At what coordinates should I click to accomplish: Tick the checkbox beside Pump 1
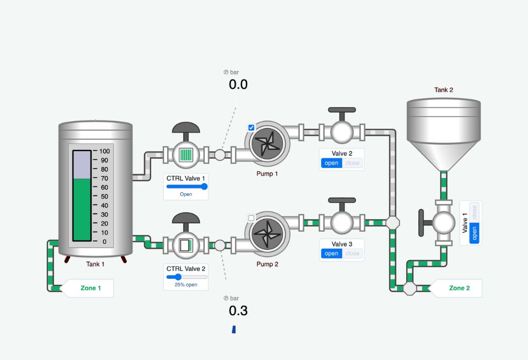tap(251, 127)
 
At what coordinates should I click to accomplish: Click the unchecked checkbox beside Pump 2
tap(251, 218)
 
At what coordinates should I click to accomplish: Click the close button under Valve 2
tap(352, 163)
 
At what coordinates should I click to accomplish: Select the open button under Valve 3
tap(332, 253)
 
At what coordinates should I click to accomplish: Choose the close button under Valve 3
tap(352, 253)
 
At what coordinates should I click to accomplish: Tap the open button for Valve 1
tap(474, 232)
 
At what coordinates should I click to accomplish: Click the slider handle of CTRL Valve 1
tap(204, 186)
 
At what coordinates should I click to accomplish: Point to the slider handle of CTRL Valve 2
tap(178, 277)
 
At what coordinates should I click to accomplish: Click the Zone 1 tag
tap(90, 288)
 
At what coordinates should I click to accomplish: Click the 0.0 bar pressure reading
tap(238, 84)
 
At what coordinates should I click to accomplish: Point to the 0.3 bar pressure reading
tap(238, 311)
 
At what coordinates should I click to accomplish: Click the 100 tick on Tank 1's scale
tap(104, 151)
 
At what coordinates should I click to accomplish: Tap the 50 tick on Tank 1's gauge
tap(104, 196)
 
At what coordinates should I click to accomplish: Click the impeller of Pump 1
tap(267, 144)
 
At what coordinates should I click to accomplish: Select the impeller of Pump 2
tap(267, 234)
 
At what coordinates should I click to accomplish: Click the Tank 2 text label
tap(444, 90)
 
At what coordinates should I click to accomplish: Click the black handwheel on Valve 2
tap(342, 110)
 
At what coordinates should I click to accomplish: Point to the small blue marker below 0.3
tap(233, 330)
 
